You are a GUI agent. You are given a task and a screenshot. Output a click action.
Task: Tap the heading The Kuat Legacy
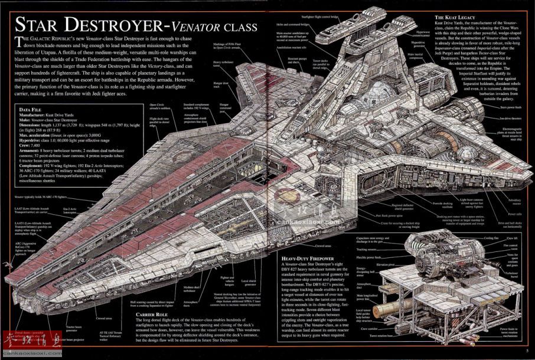tap(455, 18)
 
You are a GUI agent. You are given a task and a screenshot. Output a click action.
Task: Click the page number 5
tap(526, 352)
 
